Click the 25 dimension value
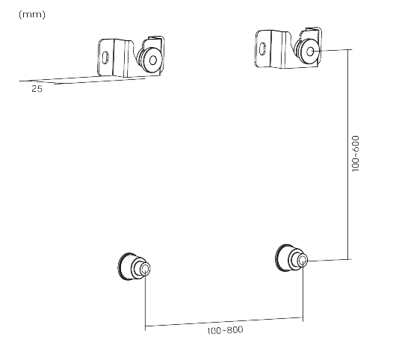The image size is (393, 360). (x=37, y=89)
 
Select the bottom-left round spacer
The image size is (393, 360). (x=134, y=267)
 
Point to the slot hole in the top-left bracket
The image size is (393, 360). (x=106, y=57)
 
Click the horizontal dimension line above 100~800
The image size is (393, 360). (x=224, y=323)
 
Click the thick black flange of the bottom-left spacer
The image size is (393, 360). (x=126, y=266)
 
